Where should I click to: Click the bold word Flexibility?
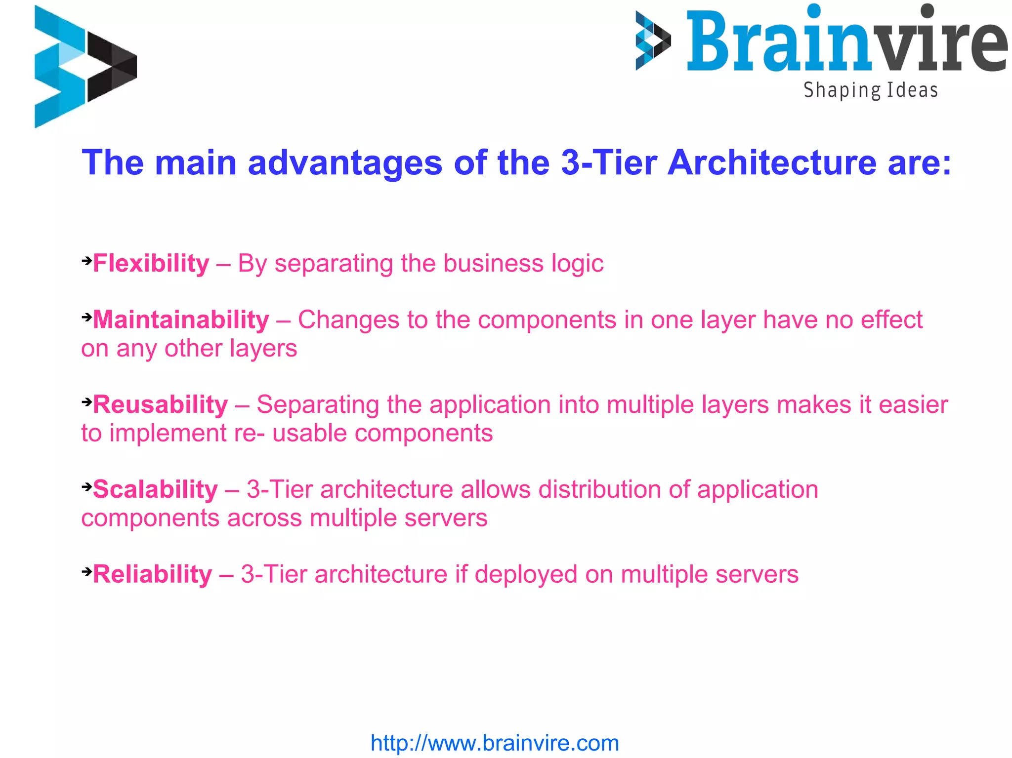click(151, 263)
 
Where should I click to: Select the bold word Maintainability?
click(181, 319)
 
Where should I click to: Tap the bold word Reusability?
click(160, 404)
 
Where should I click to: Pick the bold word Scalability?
click(155, 489)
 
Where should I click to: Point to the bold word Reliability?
click(152, 574)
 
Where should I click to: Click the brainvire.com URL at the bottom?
click(495, 743)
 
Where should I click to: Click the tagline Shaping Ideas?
click(870, 90)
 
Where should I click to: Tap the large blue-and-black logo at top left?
click(85, 67)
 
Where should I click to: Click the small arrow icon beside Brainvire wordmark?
click(653, 40)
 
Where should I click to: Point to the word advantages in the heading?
click(344, 163)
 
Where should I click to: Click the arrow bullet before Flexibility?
click(86, 260)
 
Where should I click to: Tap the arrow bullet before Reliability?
click(86, 571)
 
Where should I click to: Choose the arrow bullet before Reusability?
click(86, 401)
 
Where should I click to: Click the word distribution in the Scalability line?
click(599, 489)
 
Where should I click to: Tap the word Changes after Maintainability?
click(348, 320)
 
